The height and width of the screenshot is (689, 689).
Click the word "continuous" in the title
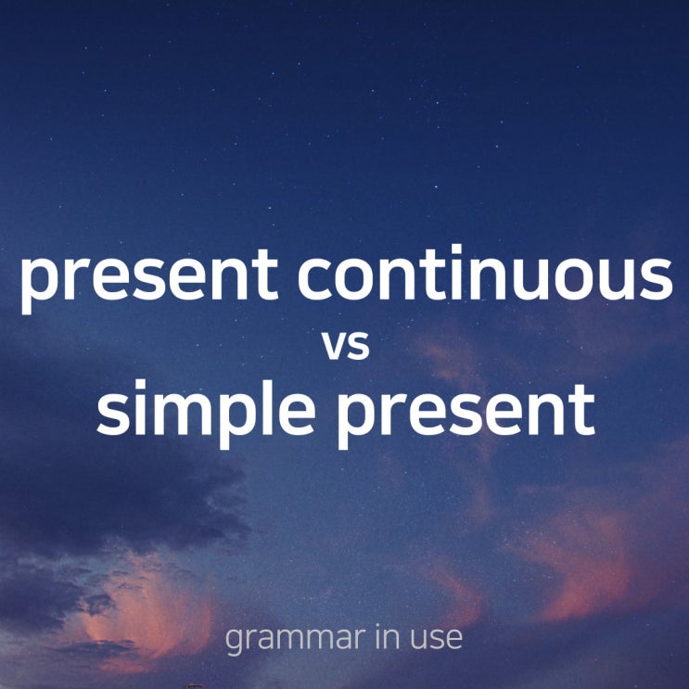[485, 273]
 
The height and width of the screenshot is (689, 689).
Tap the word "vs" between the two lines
[345, 345]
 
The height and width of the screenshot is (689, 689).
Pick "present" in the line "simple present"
[466, 416]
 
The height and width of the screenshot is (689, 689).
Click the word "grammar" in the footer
[295, 639]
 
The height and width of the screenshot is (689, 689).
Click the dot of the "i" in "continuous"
[457, 249]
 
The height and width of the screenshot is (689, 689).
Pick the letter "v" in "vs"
[334, 345]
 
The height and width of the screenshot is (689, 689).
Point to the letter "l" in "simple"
[268, 407]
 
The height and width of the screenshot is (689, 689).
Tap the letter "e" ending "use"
[452, 639]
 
